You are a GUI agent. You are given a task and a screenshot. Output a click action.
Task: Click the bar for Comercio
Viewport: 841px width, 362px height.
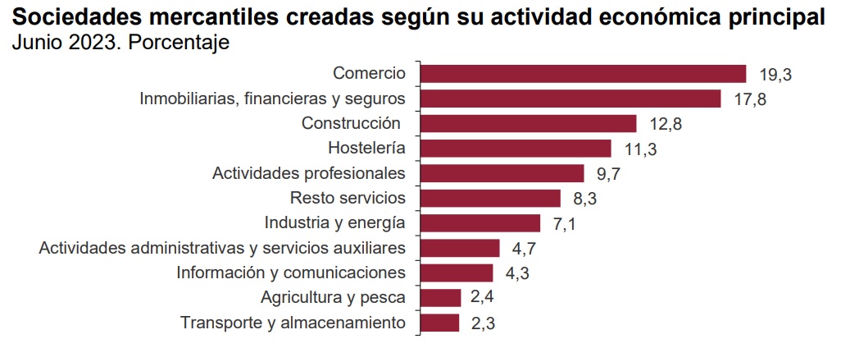[583, 74]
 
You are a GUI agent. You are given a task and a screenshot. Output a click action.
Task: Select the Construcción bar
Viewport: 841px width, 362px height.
[528, 124]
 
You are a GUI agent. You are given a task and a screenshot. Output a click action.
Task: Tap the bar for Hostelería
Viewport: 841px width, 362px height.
[516, 149]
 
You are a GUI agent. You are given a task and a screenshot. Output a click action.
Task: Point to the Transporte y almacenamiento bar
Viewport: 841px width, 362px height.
[439, 323]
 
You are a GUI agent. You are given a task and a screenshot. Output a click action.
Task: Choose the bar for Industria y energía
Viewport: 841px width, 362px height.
[480, 223]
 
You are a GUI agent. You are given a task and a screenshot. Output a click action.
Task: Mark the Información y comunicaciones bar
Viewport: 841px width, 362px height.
[457, 273]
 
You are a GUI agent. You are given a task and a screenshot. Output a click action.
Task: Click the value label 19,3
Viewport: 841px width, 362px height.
[775, 75]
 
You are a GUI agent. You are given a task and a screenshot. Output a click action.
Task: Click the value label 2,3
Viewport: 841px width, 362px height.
[483, 323]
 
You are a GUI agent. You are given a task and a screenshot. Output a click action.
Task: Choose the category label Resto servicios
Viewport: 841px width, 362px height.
[348, 198]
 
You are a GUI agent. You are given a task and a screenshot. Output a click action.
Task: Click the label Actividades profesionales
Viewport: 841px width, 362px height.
[309, 173]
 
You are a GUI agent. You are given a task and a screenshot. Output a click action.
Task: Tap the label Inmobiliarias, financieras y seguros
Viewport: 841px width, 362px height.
[273, 99]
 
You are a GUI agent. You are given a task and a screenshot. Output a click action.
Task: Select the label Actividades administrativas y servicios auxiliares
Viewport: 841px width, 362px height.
[222, 247]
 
